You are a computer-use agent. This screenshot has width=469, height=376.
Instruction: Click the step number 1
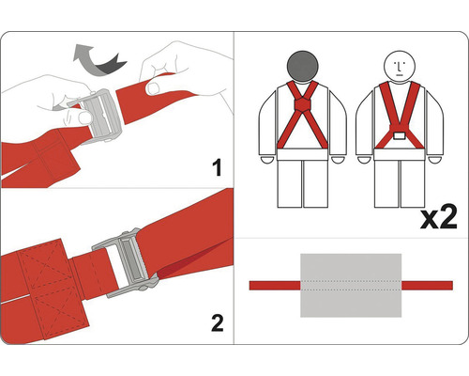coord(217,167)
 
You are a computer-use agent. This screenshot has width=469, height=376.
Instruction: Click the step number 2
coord(218,323)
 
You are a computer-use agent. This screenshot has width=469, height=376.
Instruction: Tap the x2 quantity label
coord(438,218)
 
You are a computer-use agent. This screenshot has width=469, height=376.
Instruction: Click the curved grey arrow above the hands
coord(98,61)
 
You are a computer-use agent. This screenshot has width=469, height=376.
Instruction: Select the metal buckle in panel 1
coord(98,116)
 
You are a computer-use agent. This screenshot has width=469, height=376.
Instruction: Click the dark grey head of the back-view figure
coord(302,67)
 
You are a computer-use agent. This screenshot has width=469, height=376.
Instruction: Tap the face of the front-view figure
coord(400,67)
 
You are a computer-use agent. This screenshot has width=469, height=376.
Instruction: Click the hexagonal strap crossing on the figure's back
coord(302,104)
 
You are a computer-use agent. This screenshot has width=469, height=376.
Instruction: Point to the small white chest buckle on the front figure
coord(400,136)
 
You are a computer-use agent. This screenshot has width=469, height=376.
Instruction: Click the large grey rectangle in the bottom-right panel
coord(351,285)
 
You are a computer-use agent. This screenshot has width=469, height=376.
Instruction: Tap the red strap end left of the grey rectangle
coord(275,286)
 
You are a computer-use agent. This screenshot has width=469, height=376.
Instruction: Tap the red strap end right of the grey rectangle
coord(427,286)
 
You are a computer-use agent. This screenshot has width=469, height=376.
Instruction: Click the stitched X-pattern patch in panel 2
coord(52,289)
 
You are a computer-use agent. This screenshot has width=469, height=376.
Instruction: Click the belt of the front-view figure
coord(400,154)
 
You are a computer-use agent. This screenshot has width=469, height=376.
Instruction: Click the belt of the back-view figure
coord(302,154)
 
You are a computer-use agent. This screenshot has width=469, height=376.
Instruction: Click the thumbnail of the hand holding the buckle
coord(85,117)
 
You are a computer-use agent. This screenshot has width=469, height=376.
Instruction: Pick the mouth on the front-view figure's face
coord(400,75)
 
